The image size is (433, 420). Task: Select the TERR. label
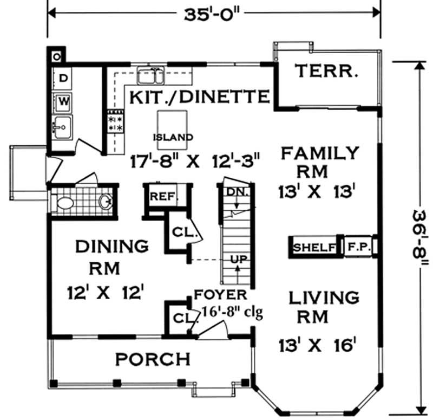[327, 71]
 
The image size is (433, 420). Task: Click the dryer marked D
[63, 79]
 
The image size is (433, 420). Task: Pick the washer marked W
[63, 100]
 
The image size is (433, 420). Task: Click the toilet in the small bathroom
[65, 203]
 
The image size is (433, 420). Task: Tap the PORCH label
[153, 359]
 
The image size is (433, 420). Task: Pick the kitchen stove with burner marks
[115, 120]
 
